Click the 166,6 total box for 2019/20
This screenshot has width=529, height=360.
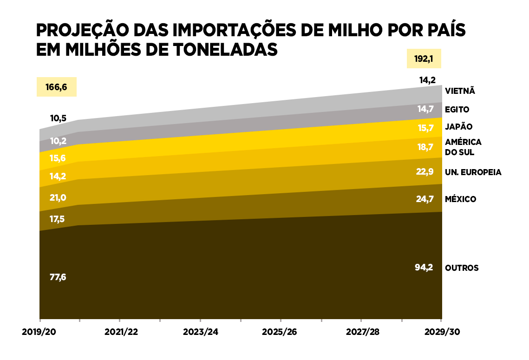[x=56, y=87]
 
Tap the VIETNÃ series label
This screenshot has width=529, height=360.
[x=460, y=91]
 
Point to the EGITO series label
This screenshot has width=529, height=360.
[x=457, y=110]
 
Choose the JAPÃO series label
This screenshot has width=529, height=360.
[x=458, y=126]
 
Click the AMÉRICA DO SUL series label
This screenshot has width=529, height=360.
[x=463, y=147]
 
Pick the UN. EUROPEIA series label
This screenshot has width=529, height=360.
[x=473, y=172]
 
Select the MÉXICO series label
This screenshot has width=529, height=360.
[x=460, y=199]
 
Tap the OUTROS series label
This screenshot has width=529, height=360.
[x=462, y=268]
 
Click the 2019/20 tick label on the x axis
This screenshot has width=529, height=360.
[x=39, y=333]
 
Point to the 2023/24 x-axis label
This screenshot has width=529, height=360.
[x=200, y=333]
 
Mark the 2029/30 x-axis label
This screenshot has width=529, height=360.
[x=442, y=333]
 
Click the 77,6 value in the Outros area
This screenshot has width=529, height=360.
[x=58, y=277]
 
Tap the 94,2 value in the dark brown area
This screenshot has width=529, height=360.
[x=424, y=267]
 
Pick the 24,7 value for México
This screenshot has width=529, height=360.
[x=425, y=199]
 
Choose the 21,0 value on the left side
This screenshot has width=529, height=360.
[x=58, y=198]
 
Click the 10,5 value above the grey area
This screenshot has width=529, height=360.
[x=58, y=118]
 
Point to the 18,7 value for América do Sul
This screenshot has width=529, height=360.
[x=425, y=147]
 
